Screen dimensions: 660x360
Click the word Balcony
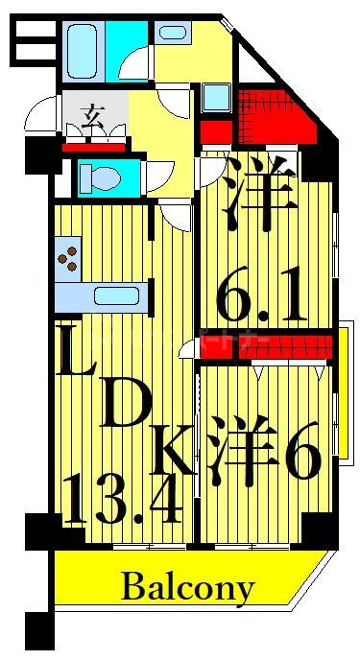point(189,586)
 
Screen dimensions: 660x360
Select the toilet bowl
point(97,177)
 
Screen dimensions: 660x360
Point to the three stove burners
point(69,256)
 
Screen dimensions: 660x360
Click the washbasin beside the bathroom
point(172,32)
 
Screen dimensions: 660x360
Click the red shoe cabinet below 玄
point(93,147)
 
